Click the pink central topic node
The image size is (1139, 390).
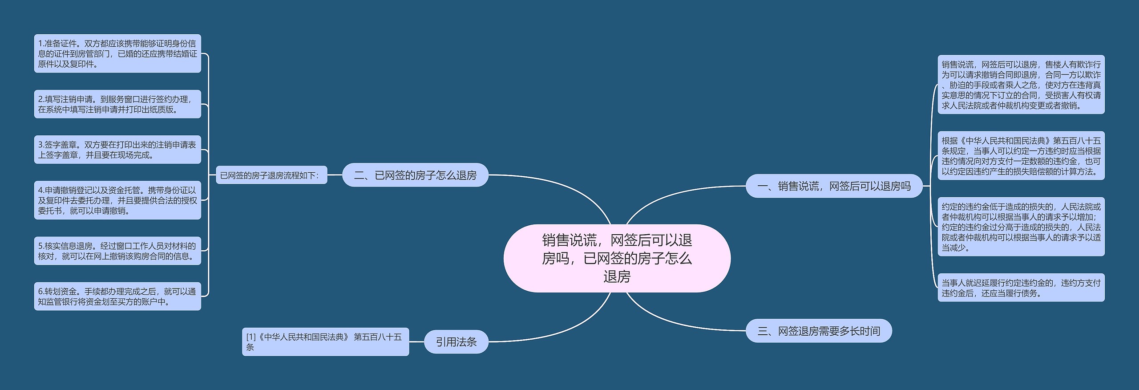617,258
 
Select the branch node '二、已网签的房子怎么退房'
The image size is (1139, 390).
415,175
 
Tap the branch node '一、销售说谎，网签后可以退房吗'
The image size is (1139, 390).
834,186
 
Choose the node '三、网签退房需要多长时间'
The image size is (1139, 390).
818,331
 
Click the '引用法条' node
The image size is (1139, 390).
456,341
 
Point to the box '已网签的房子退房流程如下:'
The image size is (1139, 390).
271,175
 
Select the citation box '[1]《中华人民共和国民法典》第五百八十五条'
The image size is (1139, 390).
325,341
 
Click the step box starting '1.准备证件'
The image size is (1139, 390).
117,53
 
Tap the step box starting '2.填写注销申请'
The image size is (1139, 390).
117,104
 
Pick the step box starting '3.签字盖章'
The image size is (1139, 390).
117,150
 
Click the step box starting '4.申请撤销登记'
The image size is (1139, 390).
117,200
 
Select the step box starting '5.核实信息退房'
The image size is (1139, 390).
117,251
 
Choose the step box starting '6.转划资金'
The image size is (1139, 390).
117,296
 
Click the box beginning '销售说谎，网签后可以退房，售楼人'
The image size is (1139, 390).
1021,85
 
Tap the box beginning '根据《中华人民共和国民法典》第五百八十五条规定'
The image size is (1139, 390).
1021,155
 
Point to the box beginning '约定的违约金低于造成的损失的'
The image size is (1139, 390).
1021,227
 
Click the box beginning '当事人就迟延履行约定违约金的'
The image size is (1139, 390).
1021,288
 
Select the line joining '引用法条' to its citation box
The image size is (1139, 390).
416,342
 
